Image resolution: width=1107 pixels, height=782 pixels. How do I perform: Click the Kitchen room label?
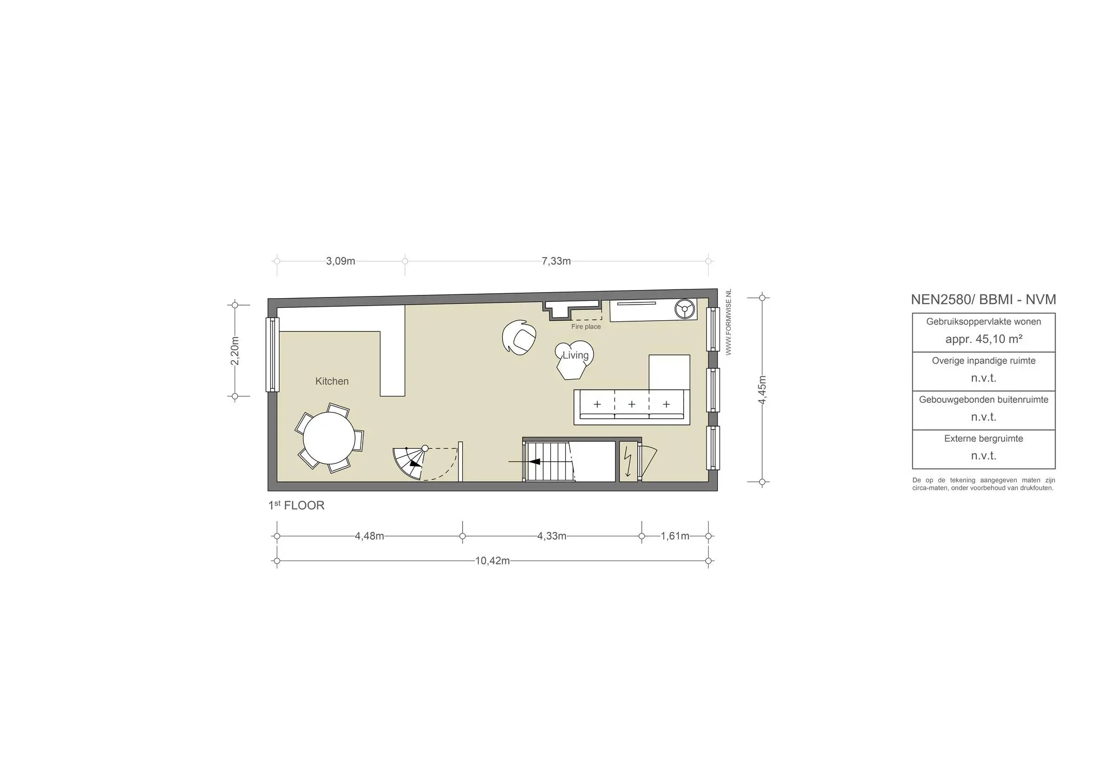[332, 381]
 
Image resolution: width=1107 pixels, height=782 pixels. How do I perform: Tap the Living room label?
[575, 355]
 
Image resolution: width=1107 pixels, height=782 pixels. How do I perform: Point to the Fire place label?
[586, 327]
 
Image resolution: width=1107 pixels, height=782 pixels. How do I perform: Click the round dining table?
[329, 438]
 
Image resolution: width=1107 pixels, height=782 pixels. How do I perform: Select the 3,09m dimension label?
[341, 261]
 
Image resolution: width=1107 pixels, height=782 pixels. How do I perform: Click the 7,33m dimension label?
[556, 261]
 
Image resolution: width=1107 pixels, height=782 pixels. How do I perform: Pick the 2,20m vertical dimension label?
[235, 350]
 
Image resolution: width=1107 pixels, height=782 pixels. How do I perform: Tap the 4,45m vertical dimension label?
[762, 389]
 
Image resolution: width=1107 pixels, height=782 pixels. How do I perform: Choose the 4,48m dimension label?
[370, 536]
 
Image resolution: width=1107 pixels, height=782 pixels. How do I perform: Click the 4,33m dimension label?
[552, 536]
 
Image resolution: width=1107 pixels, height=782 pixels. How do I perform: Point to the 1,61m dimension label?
[675, 536]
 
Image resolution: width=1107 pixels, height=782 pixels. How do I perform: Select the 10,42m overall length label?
[492, 561]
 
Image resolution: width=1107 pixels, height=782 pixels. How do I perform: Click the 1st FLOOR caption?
[296, 505]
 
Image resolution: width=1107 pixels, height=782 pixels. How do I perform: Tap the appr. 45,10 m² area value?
[984, 339]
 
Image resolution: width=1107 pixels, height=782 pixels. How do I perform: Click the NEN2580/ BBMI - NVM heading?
[984, 300]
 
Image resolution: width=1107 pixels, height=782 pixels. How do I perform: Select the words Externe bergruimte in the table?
[984, 439]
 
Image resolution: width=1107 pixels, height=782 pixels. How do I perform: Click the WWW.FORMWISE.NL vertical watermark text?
[729, 322]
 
